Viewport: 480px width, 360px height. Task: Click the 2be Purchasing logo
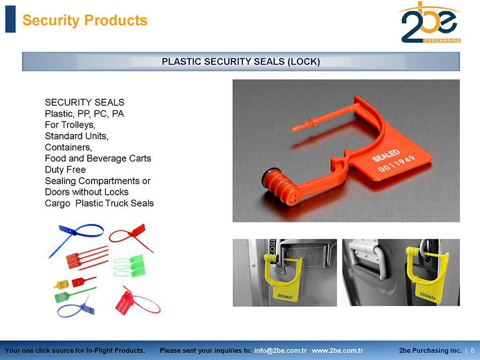click(x=430, y=22)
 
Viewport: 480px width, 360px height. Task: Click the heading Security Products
click(x=85, y=20)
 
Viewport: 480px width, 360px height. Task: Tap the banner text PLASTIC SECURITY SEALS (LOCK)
click(x=241, y=61)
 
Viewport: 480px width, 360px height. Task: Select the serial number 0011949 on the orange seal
click(x=396, y=164)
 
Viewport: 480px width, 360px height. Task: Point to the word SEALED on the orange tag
click(x=386, y=155)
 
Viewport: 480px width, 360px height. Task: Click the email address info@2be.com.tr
click(x=280, y=351)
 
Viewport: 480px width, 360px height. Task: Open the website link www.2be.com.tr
click(x=337, y=351)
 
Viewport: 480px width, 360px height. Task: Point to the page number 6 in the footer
click(x=472, y=351)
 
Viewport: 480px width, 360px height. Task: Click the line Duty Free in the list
click(x=65, y=170)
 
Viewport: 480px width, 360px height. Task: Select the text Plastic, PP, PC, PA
click(x=84, y=114)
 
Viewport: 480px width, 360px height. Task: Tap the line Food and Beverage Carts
click(x=98, y=158)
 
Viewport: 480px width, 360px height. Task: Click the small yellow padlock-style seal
click(x=61, y=285)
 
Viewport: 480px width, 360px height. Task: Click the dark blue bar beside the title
click(x=10, y=19)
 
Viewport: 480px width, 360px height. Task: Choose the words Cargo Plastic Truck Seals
click(x=99, y=203)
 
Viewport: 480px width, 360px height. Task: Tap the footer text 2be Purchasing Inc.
click(x=430, y=351)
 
